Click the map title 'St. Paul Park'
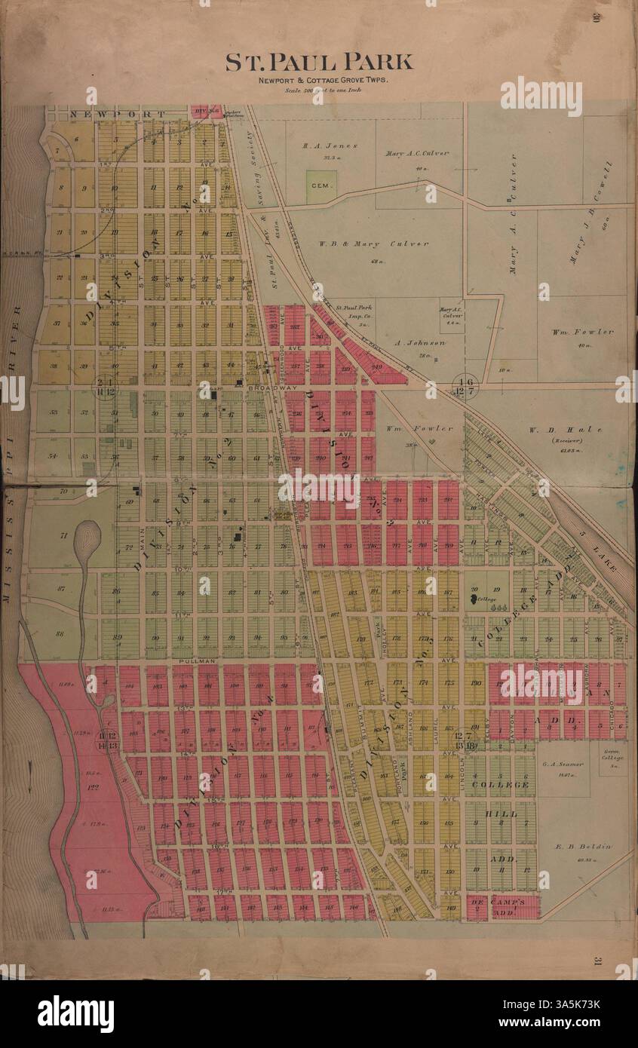319,62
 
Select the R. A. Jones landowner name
330,146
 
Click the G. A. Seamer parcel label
563,764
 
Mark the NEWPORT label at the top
115,114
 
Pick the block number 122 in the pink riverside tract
94,787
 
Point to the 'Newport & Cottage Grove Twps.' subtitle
319,81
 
